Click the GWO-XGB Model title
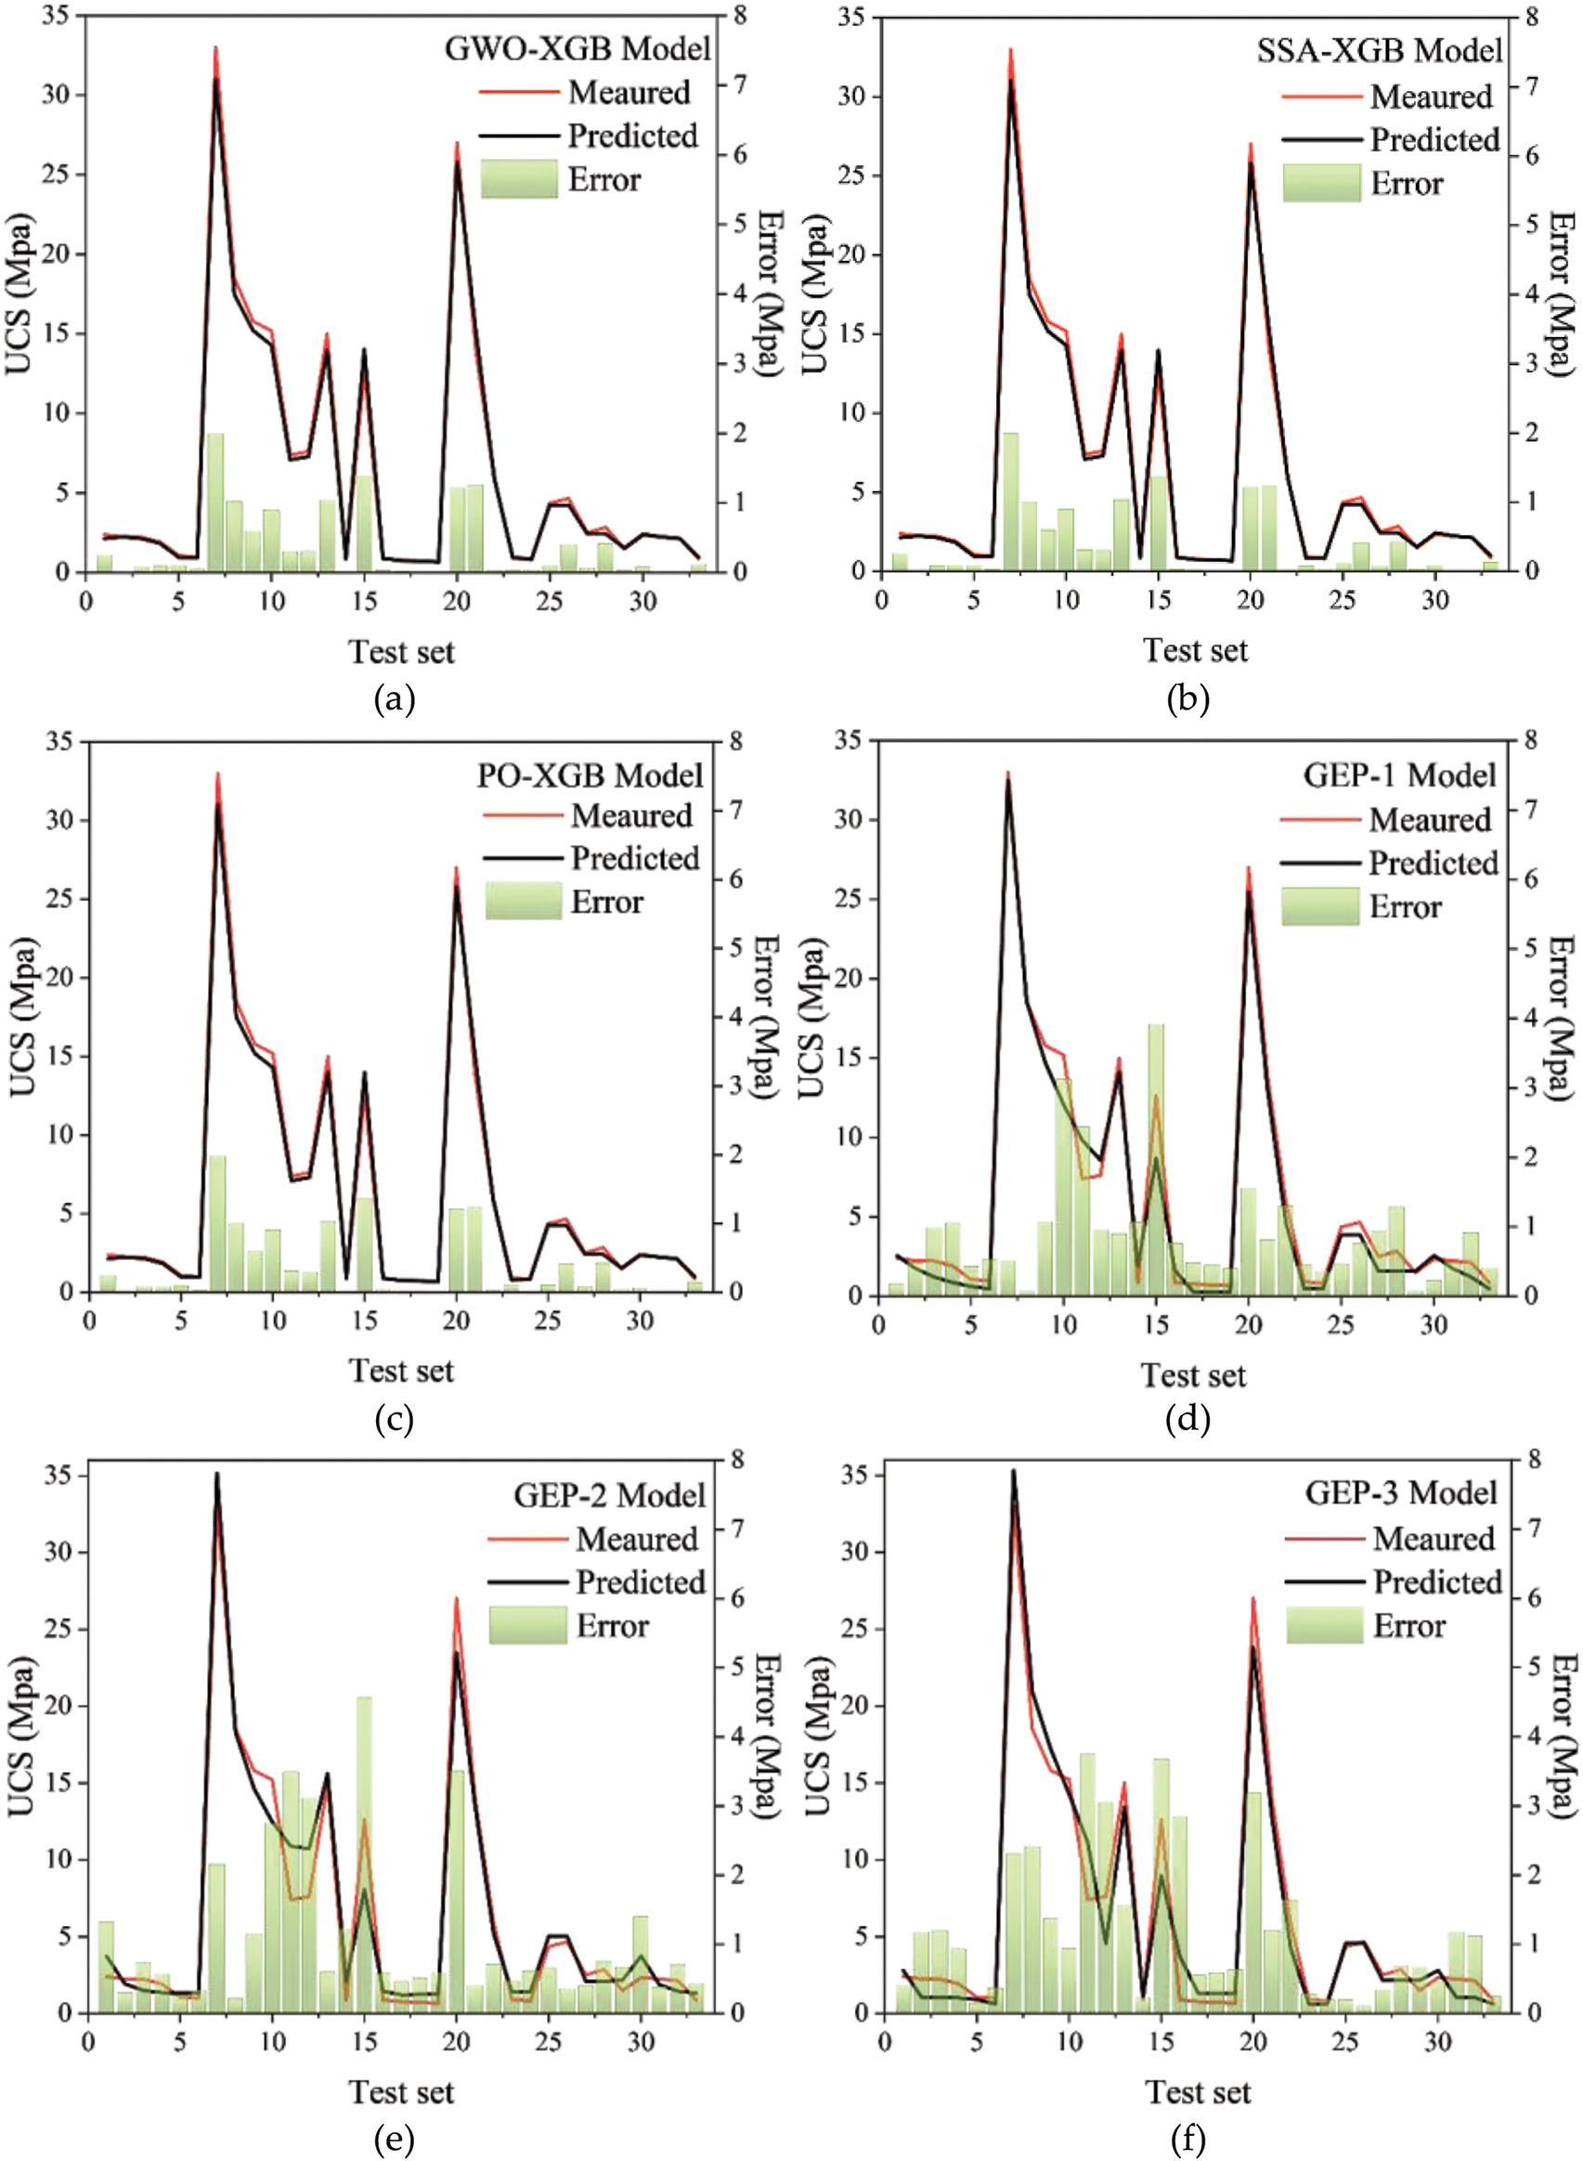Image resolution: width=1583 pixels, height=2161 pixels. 577,48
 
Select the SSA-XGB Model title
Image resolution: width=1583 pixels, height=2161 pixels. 1379,50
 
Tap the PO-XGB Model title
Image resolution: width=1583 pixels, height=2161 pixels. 590,775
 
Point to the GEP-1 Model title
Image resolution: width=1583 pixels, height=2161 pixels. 1398,775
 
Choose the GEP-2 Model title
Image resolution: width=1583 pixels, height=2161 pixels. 609,1495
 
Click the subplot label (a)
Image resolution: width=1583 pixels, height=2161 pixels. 394,699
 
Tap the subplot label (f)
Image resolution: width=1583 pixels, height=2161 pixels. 1188,2139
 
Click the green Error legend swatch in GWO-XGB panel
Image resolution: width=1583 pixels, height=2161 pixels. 518,179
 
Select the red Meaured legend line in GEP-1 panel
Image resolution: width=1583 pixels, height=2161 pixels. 1319,820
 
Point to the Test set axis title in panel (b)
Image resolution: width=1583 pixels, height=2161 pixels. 1195,651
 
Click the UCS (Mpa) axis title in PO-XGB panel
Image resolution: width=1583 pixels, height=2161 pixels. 23,1016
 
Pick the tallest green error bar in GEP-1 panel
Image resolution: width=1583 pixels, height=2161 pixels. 1157,1160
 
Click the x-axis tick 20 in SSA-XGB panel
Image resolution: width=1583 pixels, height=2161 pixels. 1250,601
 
